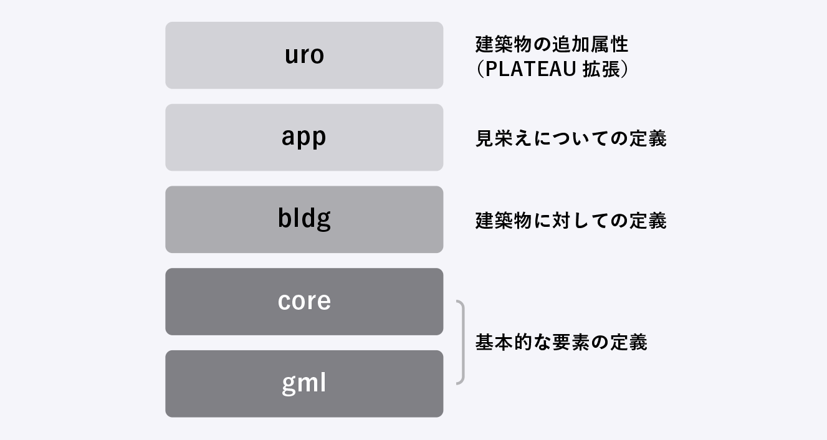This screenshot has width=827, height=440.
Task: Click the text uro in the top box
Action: tap(304, 55)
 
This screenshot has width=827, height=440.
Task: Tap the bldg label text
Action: tap(304, 219)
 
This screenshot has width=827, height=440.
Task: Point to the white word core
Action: tap(304, 302)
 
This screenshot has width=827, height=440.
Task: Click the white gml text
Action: tap(304, 384)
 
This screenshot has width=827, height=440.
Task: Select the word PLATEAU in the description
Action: tap(530, 69)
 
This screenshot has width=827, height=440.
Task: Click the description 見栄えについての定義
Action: tap(571, 138)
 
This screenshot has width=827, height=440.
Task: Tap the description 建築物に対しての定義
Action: tap(571, 221)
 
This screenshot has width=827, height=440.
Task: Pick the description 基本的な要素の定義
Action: tap(561, 342)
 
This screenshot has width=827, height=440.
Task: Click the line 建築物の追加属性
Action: tap(552, 44)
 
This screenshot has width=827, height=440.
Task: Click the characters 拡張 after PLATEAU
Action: tap(601, 69)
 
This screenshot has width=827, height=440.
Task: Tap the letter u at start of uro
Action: tap(291, 56)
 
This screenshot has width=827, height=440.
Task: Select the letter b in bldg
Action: tap(284, 218)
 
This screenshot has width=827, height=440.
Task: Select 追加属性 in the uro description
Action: tap(590, 44)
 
